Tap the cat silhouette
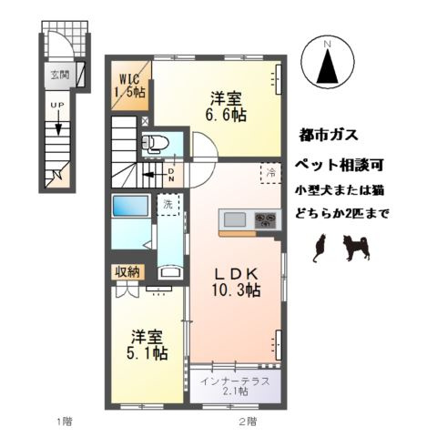pos(320,248)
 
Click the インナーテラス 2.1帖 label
pos(235,386)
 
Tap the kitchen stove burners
pos(268,219)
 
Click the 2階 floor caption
pos(248,421)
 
